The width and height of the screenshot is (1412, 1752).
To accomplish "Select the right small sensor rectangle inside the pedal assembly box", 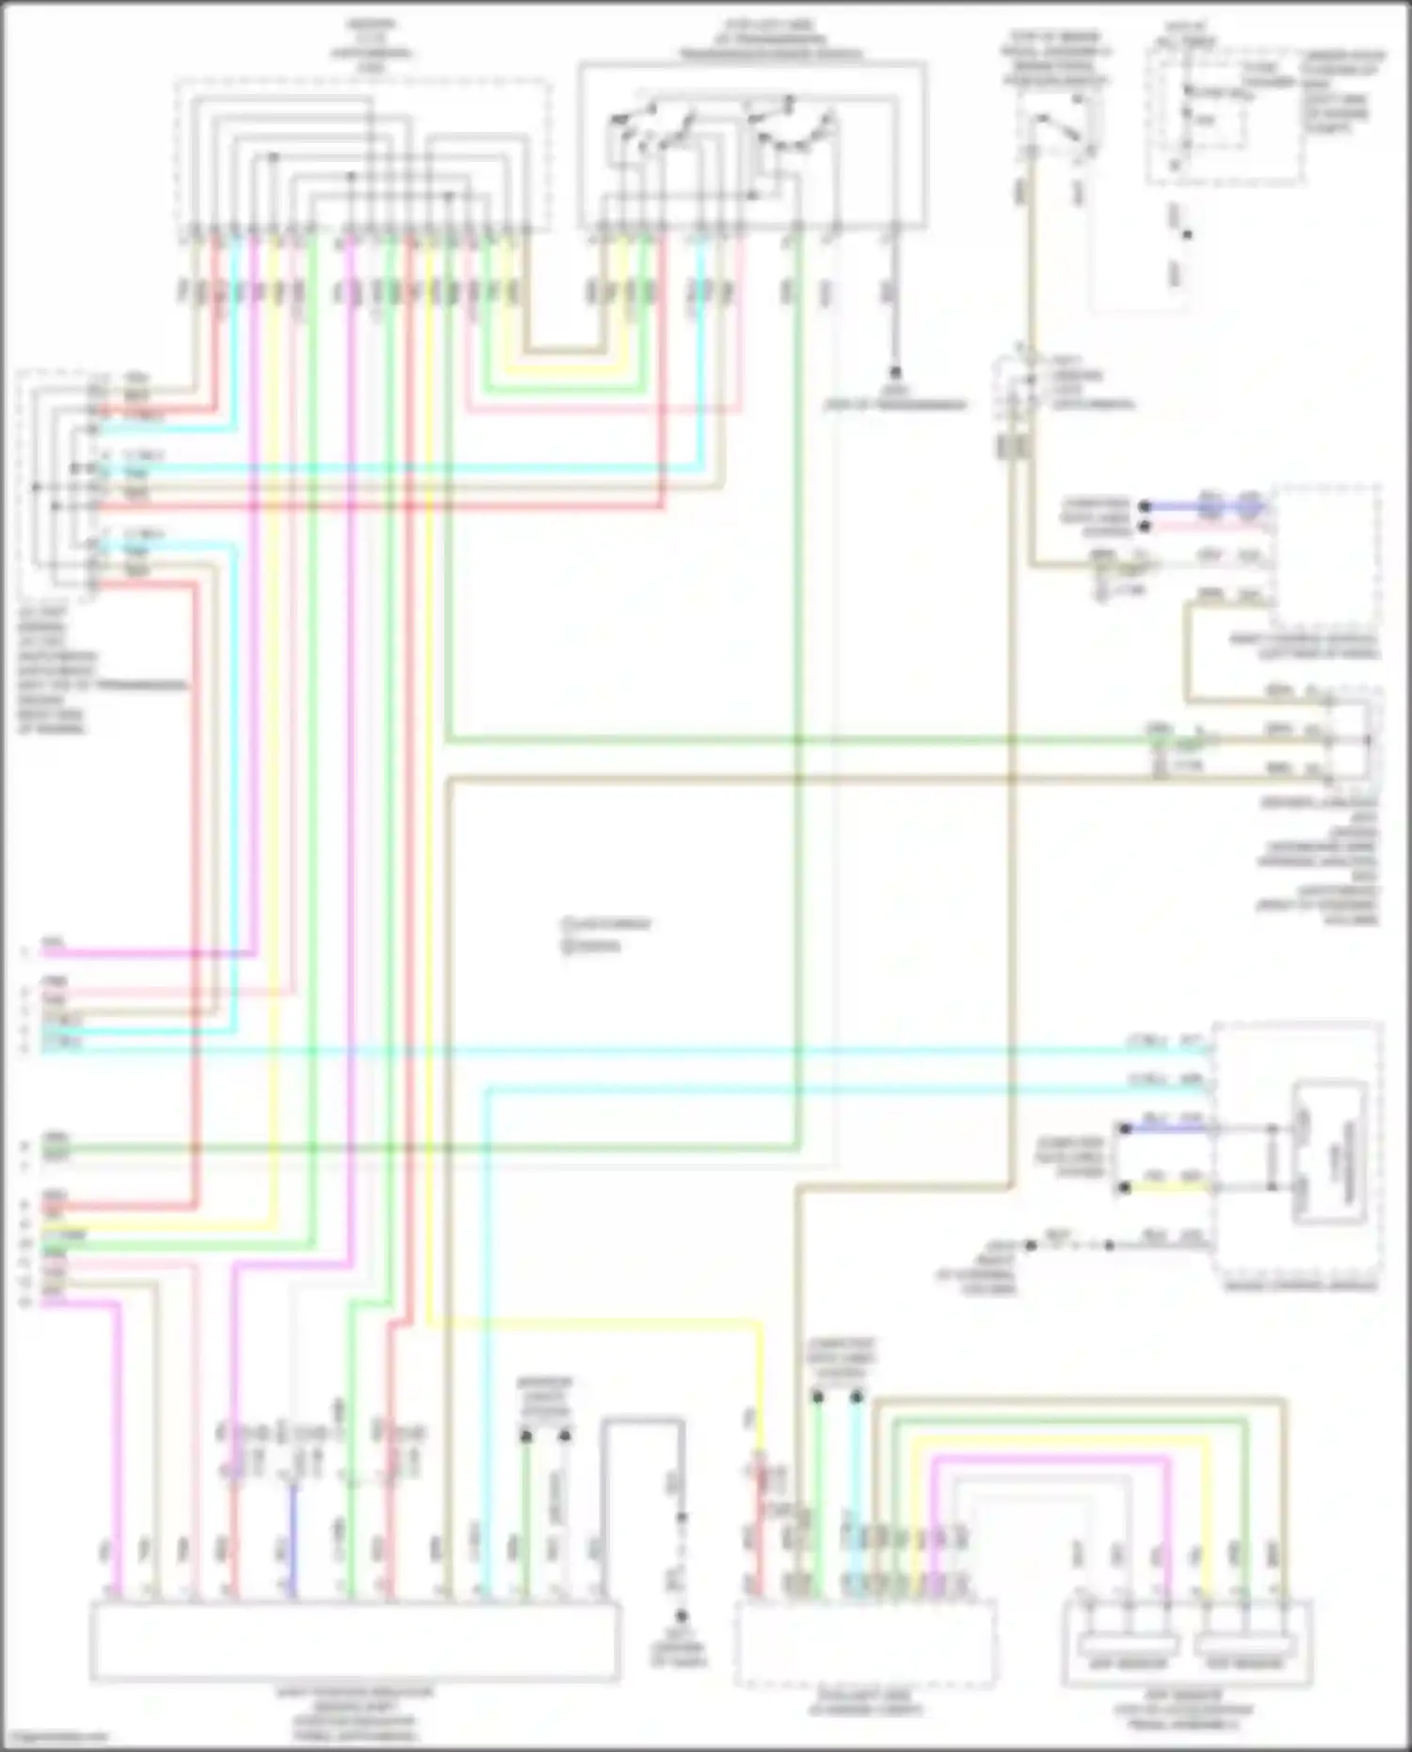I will [x=1245, y=1647].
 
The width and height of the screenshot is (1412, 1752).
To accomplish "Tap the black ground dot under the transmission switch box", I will [x=896, y=373].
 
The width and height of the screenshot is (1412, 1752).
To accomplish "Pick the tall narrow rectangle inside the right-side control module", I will [x=1330, y=1153].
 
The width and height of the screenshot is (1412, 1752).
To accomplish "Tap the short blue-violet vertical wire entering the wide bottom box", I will [x=294, y=1544].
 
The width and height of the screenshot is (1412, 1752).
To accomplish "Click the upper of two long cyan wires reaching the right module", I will [x=659, y=1049].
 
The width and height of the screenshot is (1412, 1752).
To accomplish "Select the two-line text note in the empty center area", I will [x=604, y=934].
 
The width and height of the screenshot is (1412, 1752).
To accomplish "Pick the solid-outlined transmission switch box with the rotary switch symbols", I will [x=751, y=146].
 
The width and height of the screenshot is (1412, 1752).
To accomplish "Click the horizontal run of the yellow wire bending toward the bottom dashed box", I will [x=593, y=1324].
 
